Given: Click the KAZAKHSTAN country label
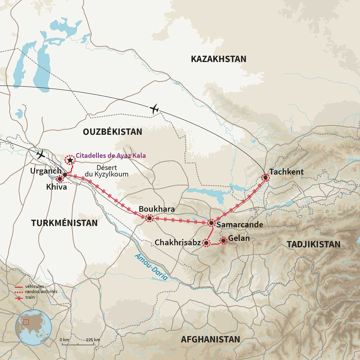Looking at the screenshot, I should point(218,59).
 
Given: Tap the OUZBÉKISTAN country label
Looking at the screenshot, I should point(112,132).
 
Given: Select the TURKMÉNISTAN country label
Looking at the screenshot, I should point(64,223).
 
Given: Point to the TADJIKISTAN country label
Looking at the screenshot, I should point(313,244).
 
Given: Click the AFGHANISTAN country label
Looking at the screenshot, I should point(210,339).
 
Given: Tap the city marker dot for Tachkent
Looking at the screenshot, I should point(265,178).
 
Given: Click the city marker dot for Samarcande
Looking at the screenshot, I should point(211,223).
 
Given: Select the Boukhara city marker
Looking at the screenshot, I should point(149,218).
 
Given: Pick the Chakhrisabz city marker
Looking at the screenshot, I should point(206,243).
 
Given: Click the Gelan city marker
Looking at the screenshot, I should point(223,241).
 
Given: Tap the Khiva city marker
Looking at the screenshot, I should point(60,179).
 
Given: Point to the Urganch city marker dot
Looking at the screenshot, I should point(65,175).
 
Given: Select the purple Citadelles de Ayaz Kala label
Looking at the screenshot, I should point(111,156).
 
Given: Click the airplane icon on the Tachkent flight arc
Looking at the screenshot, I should point(154,109).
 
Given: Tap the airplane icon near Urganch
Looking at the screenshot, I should point(40,154).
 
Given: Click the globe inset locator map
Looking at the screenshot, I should point(33,327).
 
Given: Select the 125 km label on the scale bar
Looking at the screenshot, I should point(93,339).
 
